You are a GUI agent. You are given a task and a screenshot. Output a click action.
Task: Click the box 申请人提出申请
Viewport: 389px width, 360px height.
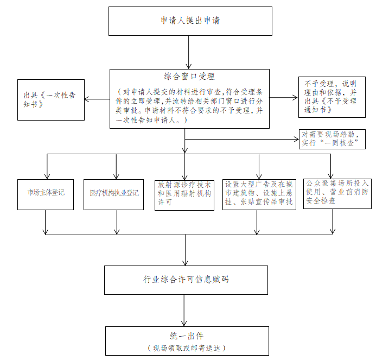tap(190, 21)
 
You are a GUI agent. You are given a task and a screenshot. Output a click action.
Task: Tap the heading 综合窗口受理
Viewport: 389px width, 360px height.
tap(189, 77)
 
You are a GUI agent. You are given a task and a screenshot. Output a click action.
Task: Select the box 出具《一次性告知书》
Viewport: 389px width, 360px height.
tap(51, 100)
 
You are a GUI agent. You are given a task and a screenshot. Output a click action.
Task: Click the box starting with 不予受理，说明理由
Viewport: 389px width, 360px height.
tap(332, 97)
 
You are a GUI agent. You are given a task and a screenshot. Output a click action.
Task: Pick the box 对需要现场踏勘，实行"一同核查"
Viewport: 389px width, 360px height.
tap(332, 140)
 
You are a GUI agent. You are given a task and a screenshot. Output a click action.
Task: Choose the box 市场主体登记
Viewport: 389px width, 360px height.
tap(46, 194)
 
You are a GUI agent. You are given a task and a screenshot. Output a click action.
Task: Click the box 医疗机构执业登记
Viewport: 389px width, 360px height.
tap(113, 194)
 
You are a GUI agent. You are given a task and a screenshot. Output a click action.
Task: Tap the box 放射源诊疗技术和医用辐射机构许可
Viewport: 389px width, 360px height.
tap(184, 195)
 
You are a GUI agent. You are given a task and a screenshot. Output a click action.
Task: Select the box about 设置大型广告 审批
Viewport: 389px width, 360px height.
tap(259, 194)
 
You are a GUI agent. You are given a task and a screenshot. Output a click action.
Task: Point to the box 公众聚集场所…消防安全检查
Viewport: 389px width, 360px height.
tap(337, 194)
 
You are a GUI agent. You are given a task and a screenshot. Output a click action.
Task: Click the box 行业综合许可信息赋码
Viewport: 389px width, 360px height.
tap(186, 280)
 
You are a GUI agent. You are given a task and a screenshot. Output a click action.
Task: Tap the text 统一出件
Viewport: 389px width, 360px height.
tap(187, 336)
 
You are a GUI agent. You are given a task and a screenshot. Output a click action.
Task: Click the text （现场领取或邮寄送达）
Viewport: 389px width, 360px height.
tap(187, 348)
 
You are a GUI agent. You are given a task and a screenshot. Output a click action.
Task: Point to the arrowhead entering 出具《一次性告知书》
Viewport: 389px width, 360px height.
tap(87, 99)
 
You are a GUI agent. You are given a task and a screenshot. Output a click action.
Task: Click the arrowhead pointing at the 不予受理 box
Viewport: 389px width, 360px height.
tap(295, 98)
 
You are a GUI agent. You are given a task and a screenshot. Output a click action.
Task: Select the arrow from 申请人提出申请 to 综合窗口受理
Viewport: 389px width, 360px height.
tap(189, 52)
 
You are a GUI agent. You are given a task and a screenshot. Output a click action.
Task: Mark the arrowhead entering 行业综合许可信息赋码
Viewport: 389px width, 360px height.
tap(185, 263)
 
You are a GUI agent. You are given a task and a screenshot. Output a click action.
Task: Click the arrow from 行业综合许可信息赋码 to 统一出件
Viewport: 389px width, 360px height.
tap(184, 311)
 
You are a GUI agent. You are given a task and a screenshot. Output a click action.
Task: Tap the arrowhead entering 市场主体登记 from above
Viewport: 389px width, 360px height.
tap(47, 176)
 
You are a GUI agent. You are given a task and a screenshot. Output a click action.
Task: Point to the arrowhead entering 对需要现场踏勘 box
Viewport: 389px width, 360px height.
tap(296, 140)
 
